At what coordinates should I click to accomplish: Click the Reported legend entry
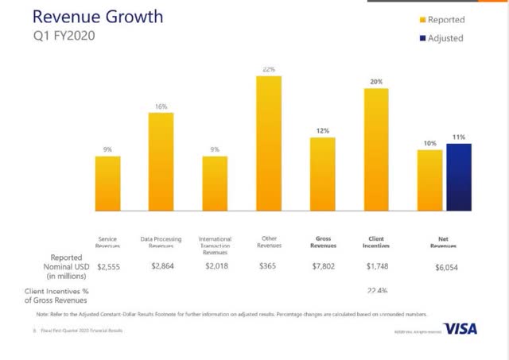click(445, 19)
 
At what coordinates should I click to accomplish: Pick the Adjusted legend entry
click(445, 37)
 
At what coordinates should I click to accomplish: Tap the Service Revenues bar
click(107, 184)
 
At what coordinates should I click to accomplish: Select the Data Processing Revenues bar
click(161, 162)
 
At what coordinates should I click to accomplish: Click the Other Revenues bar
click(268, 144)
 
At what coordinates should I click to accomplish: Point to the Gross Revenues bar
click(322, 174)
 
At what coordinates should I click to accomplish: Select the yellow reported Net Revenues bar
click(429, 180)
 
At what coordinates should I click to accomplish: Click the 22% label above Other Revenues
click(269, 70)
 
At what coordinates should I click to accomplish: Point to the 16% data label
click(161, 106)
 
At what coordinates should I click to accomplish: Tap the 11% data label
click(459, 137)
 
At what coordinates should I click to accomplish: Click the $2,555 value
click(108, 267)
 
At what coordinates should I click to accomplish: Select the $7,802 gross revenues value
click(323, 267)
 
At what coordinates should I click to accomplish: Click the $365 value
click(269, 267)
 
